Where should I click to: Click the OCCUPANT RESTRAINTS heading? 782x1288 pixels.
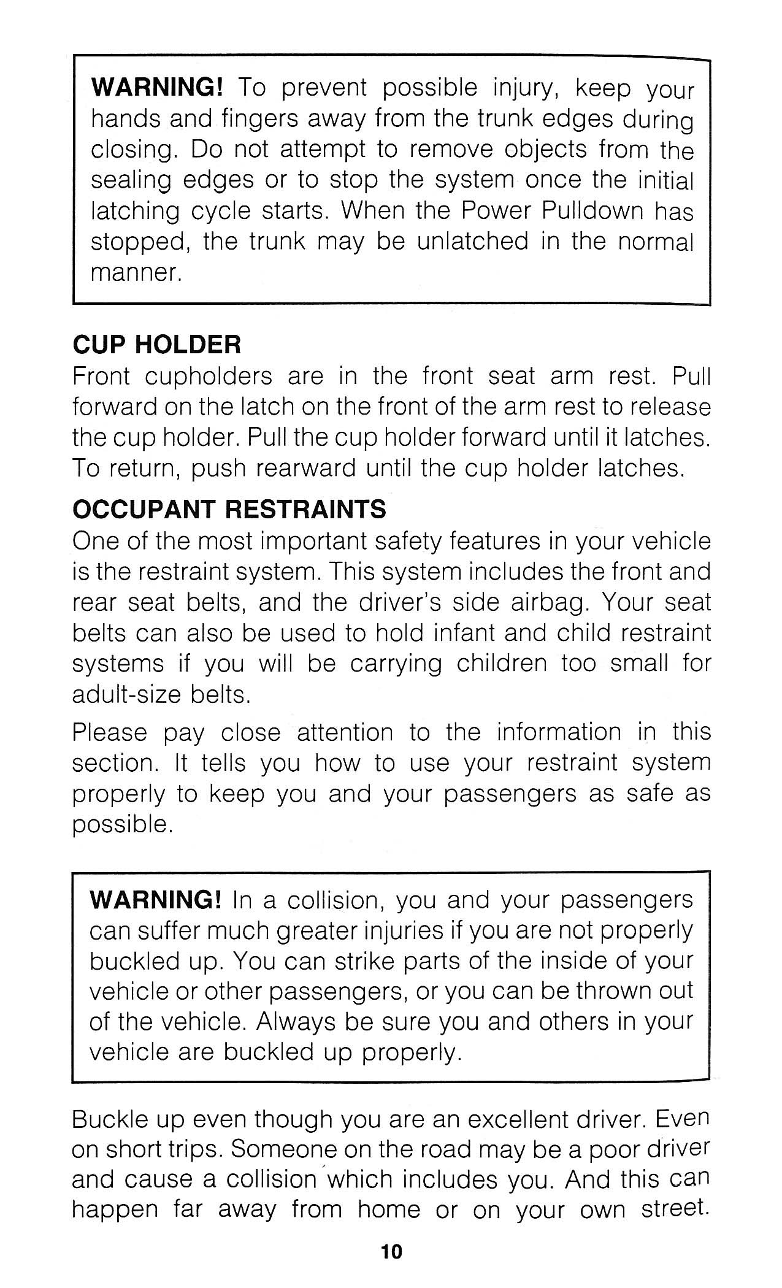pyautogui.click(x=229, y=509)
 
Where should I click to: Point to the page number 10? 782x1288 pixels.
pyautogui.click(x=391, y=1252)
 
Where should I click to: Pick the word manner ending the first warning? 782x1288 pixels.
pyautogui.click(x=136, y=272)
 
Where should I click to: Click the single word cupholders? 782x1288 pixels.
pyautogui.click(x=208, y=376)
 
